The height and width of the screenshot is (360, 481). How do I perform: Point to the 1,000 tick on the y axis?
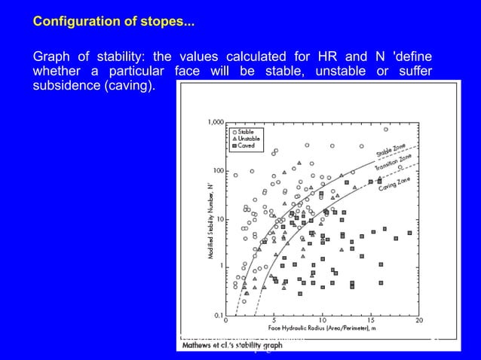click(x=215, y=122)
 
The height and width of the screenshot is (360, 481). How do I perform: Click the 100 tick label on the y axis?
click(x=218, y=170)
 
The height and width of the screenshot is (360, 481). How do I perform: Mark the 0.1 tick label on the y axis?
click(x=218, y=315)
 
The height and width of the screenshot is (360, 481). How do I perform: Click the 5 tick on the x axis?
click(x=274, y=322)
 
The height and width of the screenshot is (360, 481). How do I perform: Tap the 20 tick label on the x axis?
click(x=419, y=322)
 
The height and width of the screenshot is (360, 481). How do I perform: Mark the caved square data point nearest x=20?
click(x=409, y=233)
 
